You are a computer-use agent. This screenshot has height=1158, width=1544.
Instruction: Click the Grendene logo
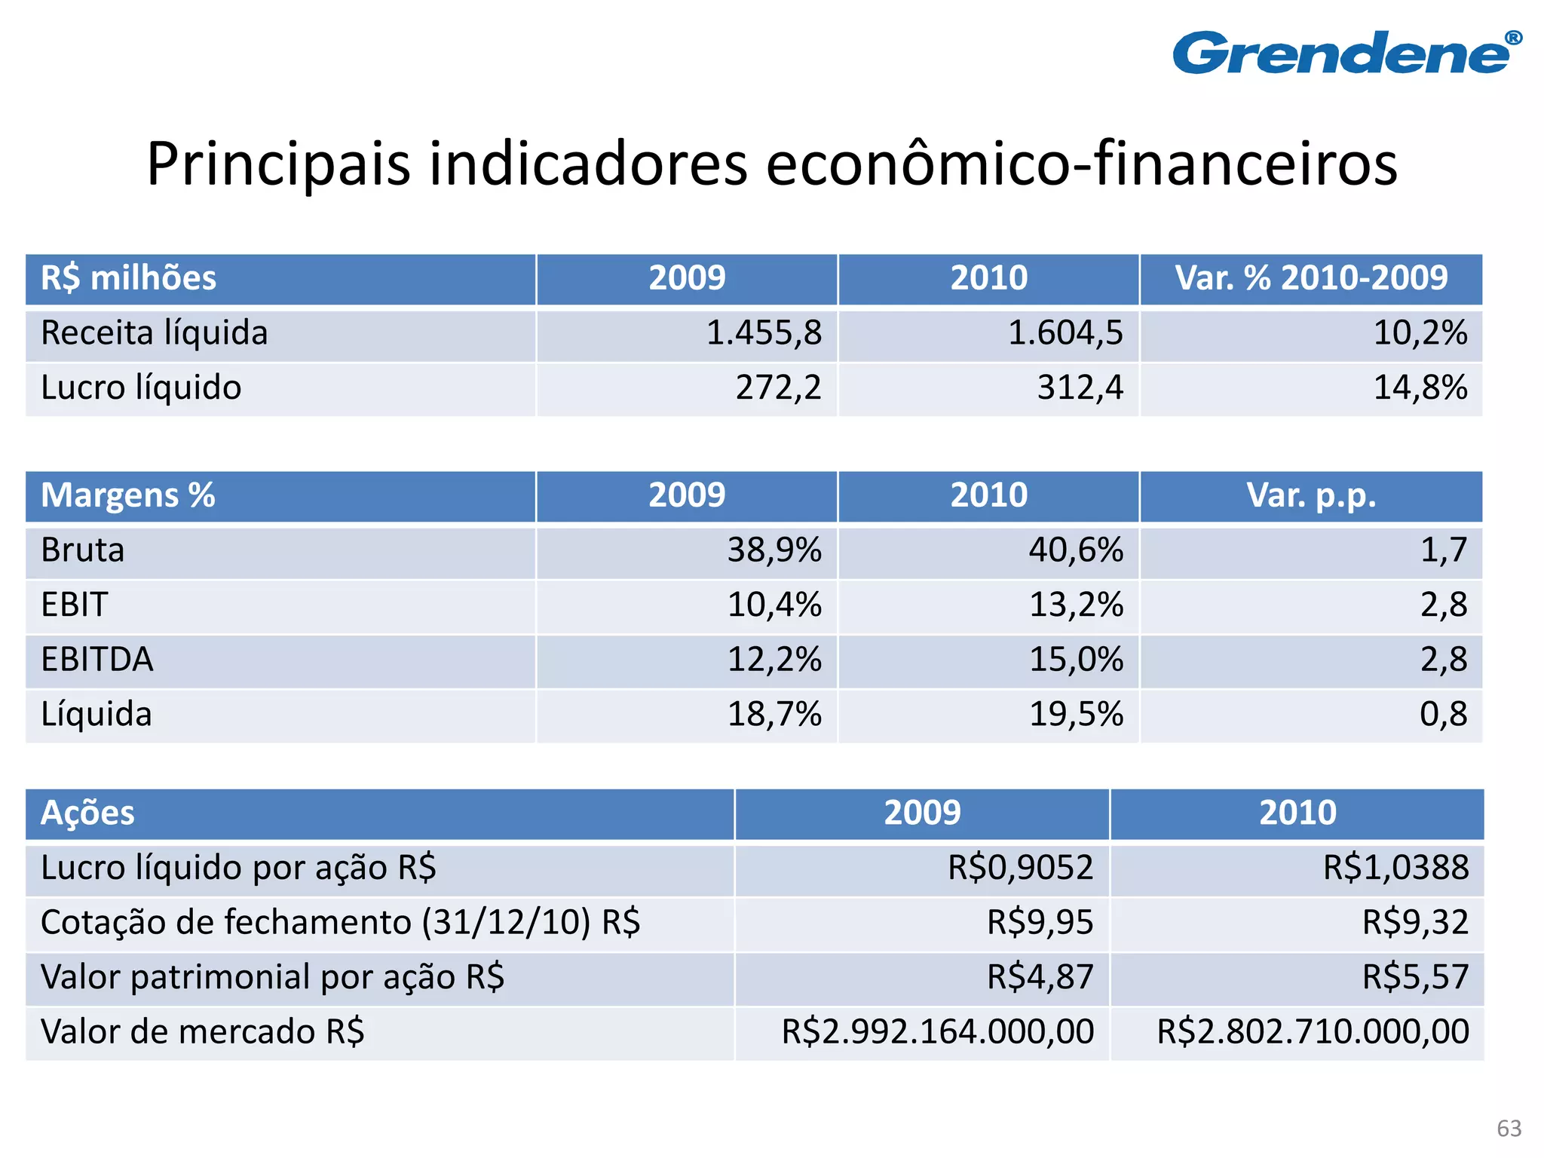pos(1346,53)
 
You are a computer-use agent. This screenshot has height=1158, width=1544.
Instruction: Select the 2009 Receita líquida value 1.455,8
pos(764,333)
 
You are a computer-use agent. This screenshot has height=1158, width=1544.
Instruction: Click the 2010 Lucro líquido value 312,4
pos(1080,388)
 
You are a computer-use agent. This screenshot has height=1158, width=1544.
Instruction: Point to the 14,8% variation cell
pos(1420,388)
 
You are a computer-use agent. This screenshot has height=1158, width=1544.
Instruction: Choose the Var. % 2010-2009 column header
pos(1311,278)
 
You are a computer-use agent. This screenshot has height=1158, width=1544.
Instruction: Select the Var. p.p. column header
pos(1311,495)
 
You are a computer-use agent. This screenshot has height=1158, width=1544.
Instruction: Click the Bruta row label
pos(83,550)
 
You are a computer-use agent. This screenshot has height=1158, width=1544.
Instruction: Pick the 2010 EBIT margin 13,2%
pos(1076,605)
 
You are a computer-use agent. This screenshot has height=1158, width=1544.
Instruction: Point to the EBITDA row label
pos(97,660)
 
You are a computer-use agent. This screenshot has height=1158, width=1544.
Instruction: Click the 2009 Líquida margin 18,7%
pos(774,714)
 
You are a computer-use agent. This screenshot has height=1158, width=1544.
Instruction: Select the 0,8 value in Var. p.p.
pos(1443,714)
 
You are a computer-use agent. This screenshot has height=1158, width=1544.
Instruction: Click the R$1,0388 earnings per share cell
pos(1395,868)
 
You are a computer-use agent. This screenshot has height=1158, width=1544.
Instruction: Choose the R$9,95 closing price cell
pos(1040,923)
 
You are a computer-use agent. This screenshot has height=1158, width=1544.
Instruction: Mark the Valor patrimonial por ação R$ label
pos(272,977)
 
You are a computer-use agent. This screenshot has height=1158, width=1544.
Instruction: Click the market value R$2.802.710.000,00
pos(1313,1032)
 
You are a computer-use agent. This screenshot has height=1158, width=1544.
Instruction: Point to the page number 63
pos(1509,1128)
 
